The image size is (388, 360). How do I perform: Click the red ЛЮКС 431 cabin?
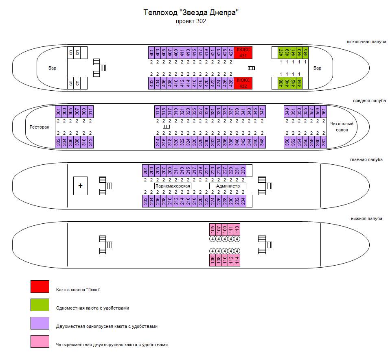point(243,52)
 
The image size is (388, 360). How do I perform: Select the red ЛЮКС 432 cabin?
point(243,83)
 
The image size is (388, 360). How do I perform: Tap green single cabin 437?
point(281,52)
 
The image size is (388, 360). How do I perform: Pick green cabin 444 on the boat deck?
point(299,83)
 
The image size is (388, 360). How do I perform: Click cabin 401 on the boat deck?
point(151,52)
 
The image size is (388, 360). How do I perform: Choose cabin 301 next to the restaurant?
point(58,111)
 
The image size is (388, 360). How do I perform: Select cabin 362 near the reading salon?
point(324,142)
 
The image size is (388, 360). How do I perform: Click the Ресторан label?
point(39,127)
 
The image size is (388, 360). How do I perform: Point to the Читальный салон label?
point(342,127)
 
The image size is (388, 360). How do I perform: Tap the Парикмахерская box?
point(173,186)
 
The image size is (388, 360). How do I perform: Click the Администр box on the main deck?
point(228,186)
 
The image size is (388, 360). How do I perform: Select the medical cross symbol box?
point(80,186)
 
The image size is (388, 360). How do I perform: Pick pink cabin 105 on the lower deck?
point(213,230)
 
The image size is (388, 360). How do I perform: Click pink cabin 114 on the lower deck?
point(237,260)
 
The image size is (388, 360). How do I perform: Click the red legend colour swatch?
point(40,286)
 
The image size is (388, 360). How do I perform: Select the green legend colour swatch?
point(40,305)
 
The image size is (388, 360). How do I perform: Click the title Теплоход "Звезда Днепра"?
point(191,13)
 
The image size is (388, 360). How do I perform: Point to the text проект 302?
point(191,22)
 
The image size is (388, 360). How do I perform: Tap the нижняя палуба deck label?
point(366,218)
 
